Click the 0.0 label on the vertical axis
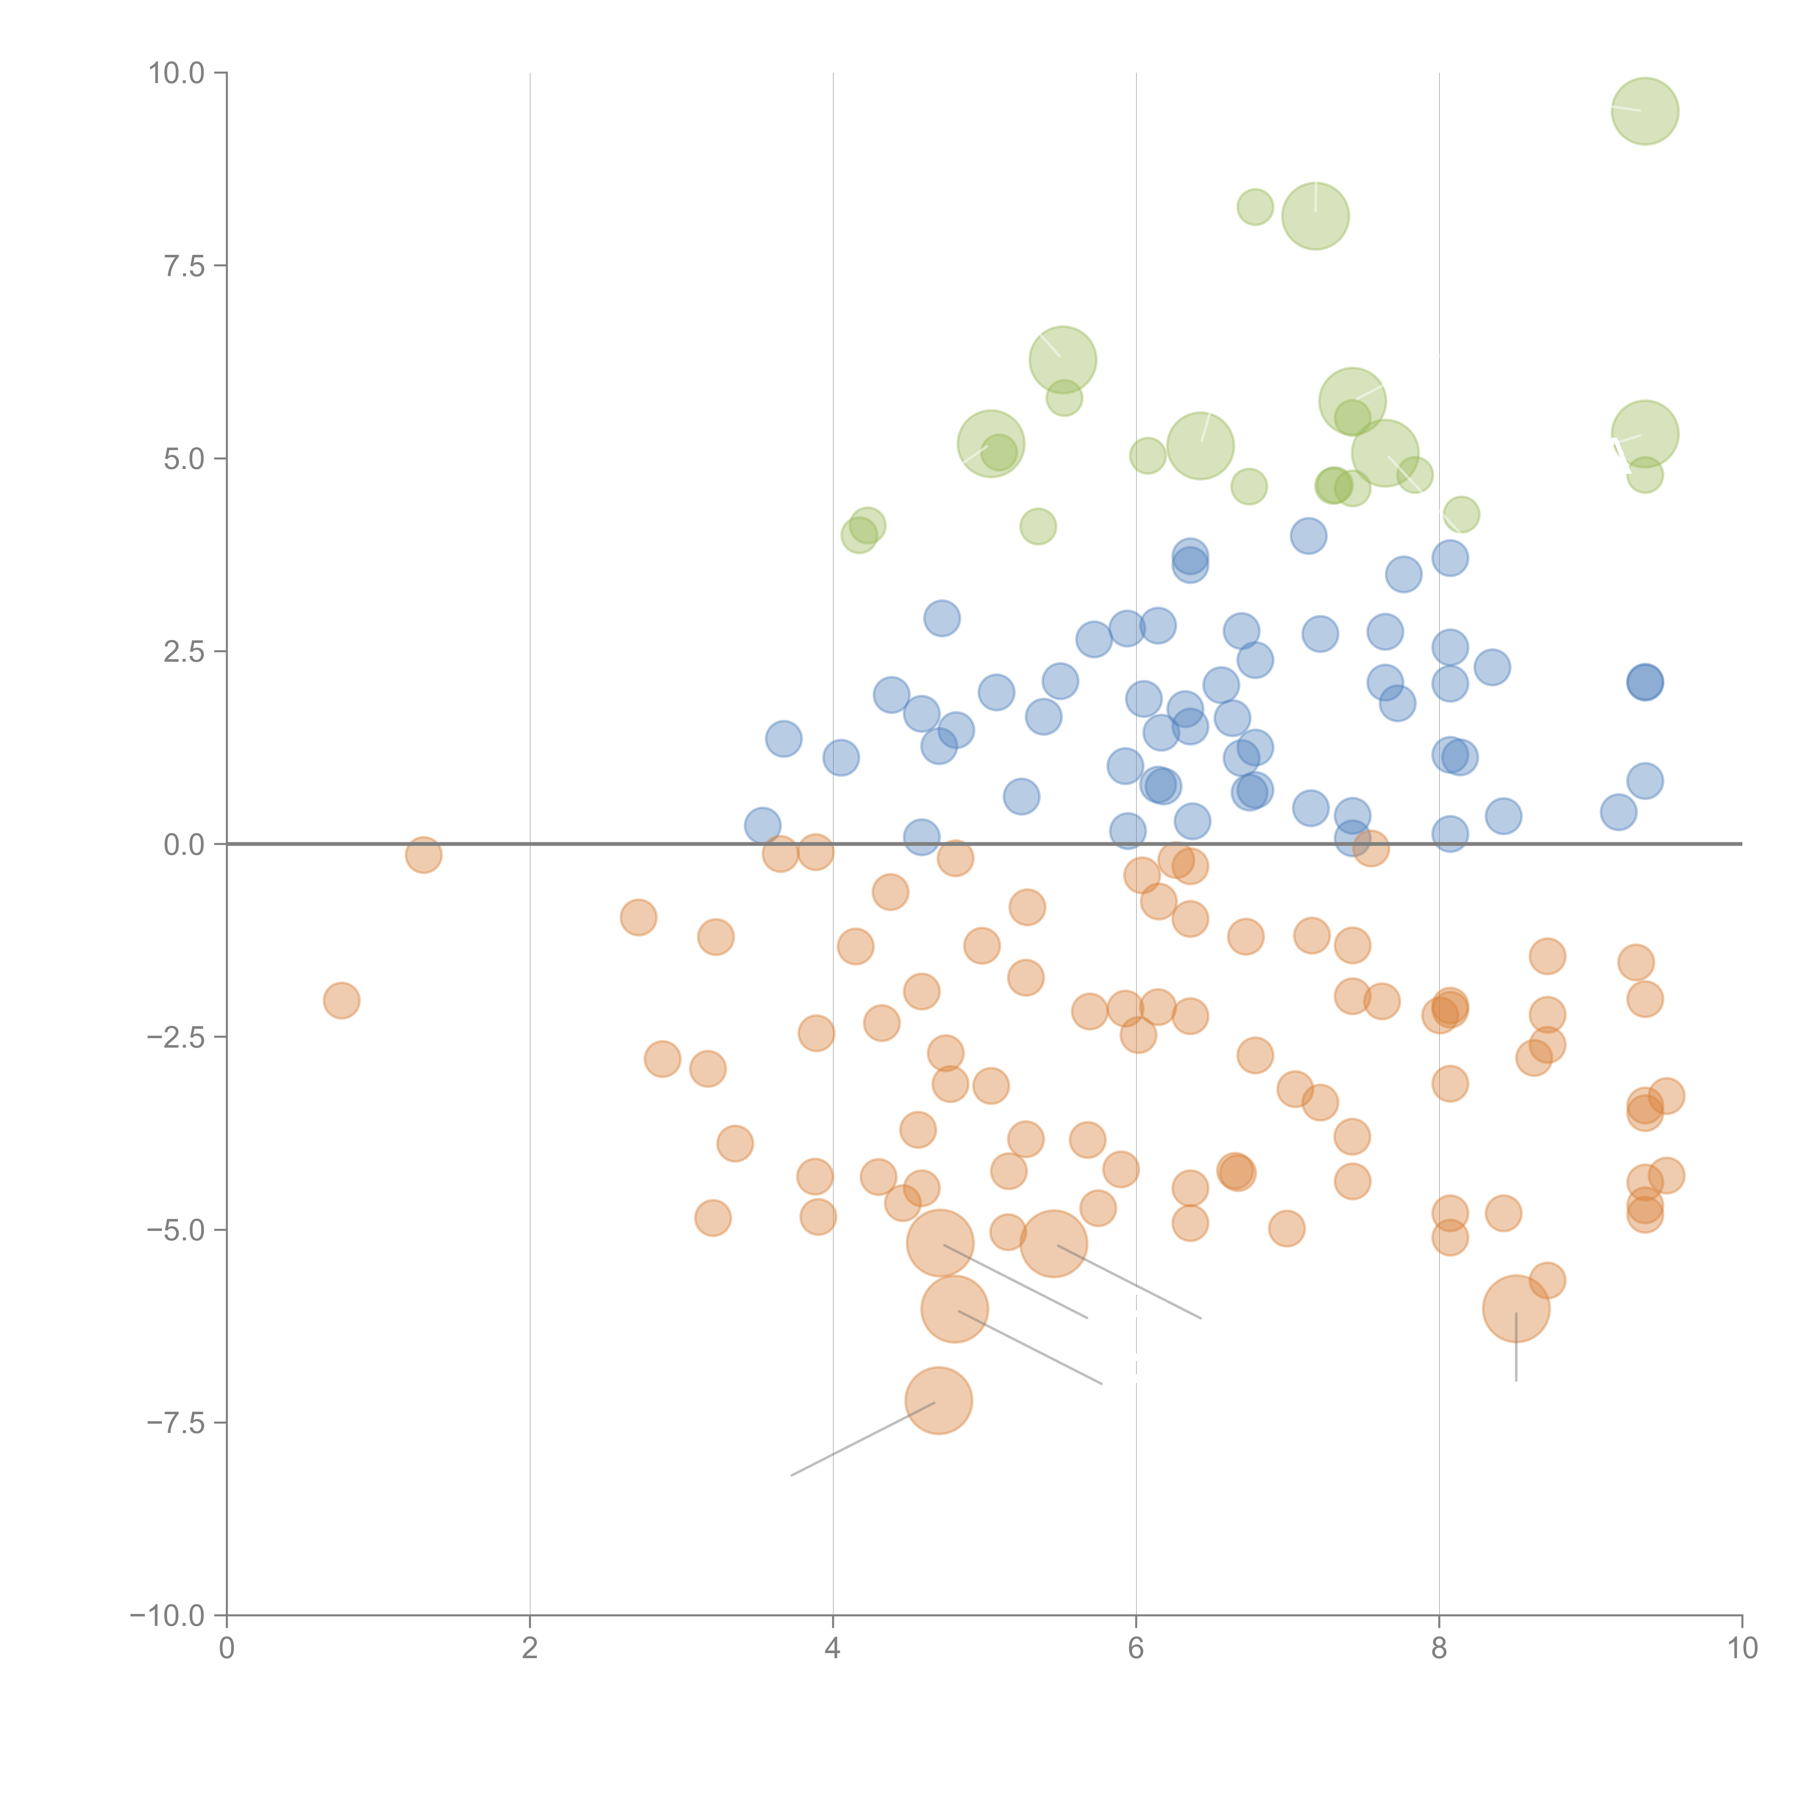pyautogui.click(x=184, y=845)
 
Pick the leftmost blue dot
pyautogui.click(x=763, y=826)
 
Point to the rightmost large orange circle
pyautogui.click(x=1516, y=1309)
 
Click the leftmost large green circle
pyautogui.click(x=991, y=444)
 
